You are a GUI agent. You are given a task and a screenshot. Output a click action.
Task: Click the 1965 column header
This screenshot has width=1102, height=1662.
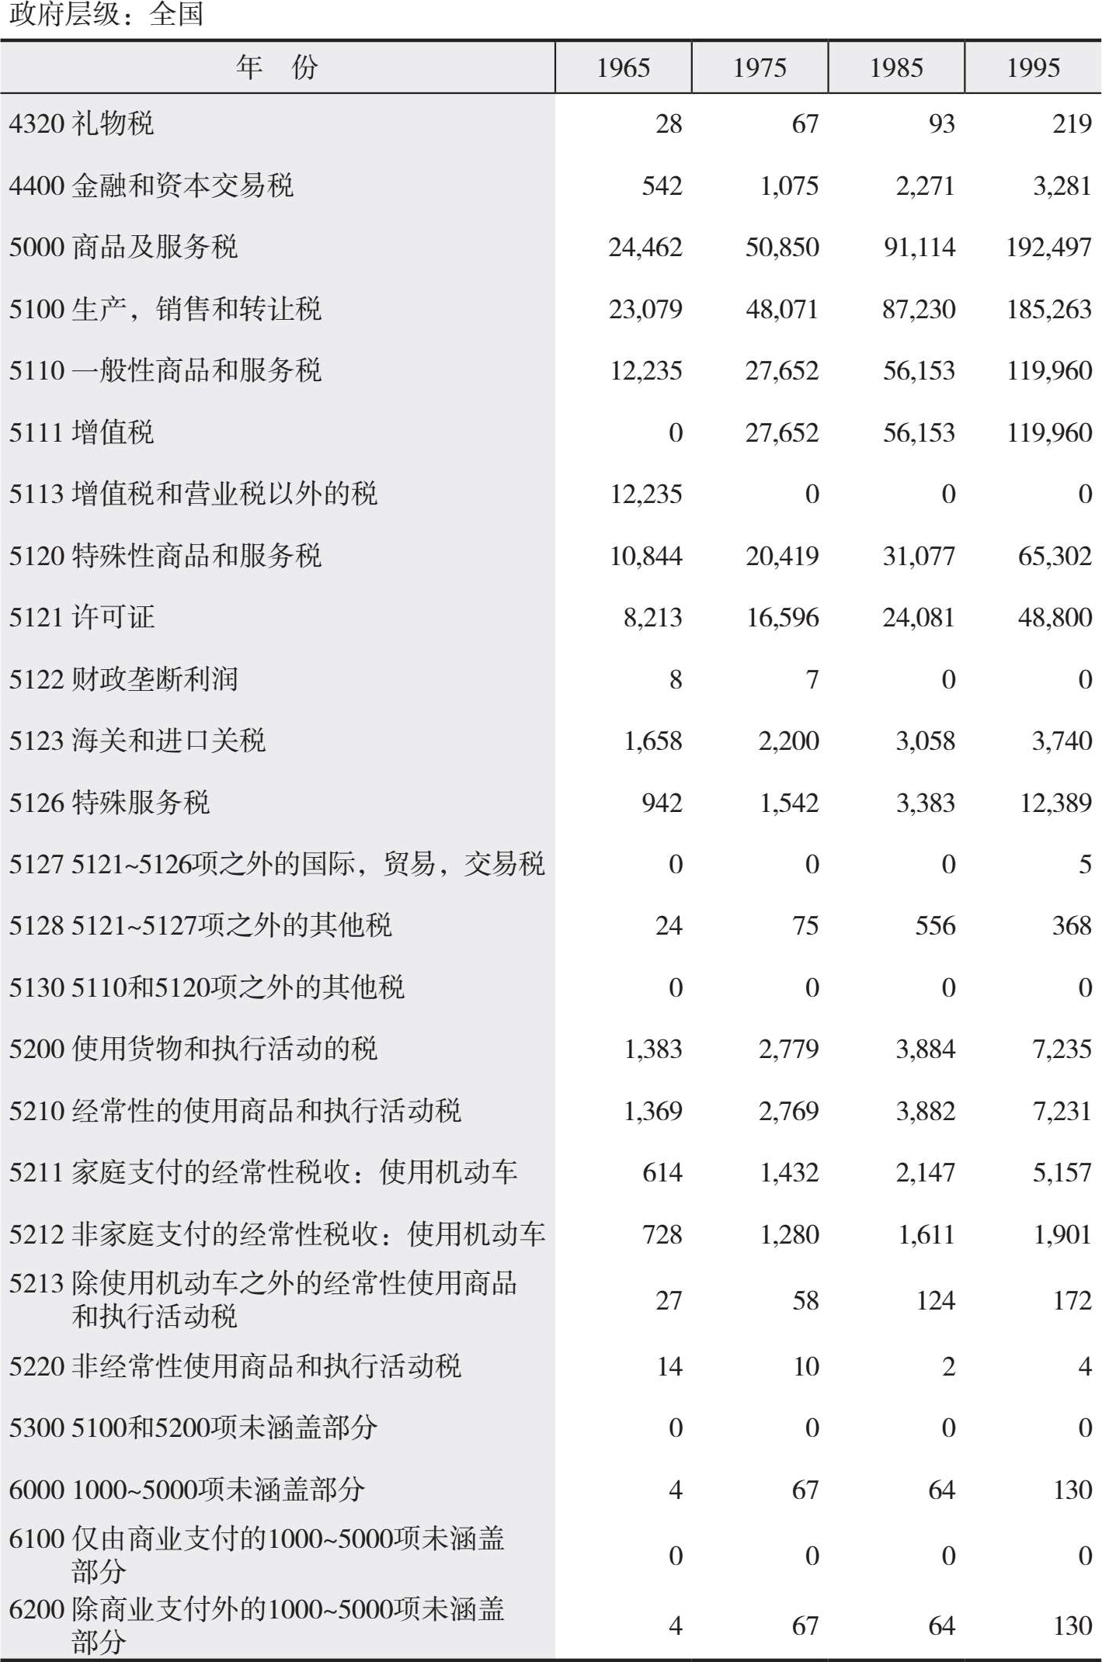tap(623, 68)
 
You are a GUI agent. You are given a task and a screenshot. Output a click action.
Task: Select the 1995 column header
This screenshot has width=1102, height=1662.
tap(1033, 68)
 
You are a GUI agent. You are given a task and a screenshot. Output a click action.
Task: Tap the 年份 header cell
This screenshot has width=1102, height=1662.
tap(277, 68)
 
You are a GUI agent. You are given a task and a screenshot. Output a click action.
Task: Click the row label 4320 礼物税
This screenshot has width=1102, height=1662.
tap(82, 123)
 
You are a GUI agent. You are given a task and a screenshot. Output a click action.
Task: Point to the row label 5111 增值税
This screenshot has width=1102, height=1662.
tap(82, 432)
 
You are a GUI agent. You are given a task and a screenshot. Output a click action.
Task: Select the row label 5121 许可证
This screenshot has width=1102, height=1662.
tap(82, 617)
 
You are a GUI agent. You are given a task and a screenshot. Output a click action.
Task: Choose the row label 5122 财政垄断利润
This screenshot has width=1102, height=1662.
tap(123, 679)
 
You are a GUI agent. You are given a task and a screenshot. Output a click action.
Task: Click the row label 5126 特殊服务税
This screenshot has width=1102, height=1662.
tap(110, 803)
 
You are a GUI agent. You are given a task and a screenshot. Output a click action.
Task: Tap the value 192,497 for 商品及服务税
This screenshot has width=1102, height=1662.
tap(1048, 248)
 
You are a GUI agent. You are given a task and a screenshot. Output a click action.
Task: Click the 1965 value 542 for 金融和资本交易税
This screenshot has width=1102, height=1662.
tap(662, 186)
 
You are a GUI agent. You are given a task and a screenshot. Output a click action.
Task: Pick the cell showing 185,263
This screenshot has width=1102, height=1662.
tap(1048, 310)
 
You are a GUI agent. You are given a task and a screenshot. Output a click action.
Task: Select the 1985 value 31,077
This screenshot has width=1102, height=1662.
tap(919, 556)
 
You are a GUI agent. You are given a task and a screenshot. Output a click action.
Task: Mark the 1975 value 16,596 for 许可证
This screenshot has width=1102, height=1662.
tap(782, 618)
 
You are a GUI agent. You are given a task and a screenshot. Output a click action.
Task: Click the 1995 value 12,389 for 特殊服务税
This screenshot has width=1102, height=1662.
tap(1055, 803)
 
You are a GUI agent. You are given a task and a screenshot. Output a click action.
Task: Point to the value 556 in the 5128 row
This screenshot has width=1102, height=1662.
tap(934, 925)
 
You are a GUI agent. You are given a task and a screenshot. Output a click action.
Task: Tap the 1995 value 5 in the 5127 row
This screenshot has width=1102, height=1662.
tap(1085, 864)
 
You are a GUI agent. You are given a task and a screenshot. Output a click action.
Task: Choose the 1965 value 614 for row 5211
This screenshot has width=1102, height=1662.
tap(662, 1172)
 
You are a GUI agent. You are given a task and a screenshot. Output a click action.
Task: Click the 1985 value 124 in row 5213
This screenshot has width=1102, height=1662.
tap(934, 1300)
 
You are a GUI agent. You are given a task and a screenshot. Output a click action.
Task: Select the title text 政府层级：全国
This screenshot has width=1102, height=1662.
tap(106, 15)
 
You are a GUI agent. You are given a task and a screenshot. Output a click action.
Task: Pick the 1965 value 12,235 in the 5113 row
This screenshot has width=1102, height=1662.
tap(646, 494)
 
